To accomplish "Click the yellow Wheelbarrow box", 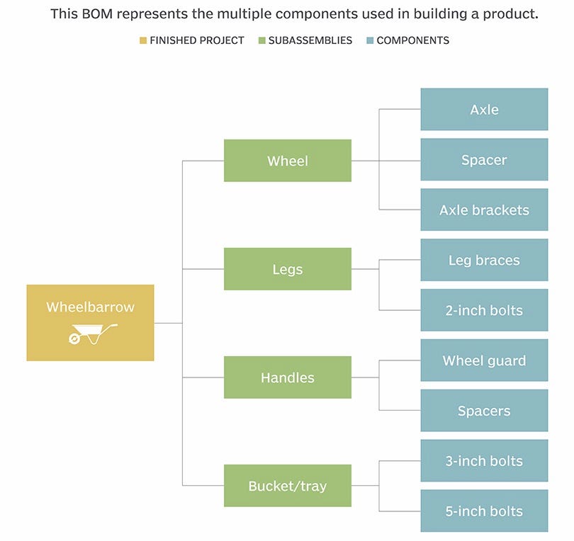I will point(90,322).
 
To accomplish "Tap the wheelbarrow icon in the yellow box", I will point(93,334).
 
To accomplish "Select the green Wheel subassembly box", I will point(287,161).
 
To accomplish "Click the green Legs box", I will point(287,269).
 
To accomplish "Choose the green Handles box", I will point(287,377).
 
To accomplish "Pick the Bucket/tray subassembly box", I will point(287,486).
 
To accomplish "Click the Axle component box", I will point(484,110).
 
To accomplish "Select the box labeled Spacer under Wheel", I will point(484,160).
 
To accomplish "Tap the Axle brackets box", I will point(484,210).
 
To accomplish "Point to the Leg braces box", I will point(484,261).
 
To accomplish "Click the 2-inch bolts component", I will point(484,310).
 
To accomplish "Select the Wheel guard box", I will point(484,360).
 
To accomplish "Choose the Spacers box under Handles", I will point(484,411).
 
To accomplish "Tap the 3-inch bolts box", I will point(484,461).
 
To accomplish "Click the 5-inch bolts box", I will point(484,511).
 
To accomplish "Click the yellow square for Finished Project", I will point(142,40).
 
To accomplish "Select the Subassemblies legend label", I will point(310,40).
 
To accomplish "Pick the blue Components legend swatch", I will point(369,40).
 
